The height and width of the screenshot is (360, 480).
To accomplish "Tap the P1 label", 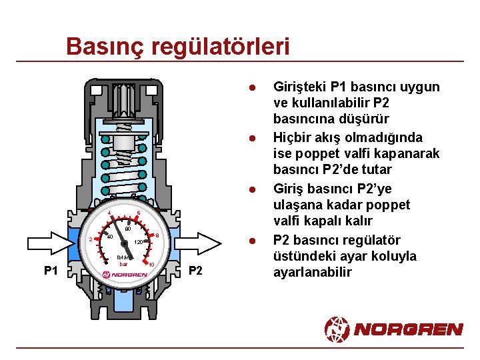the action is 51,271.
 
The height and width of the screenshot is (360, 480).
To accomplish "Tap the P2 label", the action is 195,271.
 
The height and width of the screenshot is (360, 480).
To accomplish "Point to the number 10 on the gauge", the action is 152,265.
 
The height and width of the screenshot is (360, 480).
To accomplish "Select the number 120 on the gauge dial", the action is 139,242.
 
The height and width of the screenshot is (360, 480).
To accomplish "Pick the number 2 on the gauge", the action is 90,241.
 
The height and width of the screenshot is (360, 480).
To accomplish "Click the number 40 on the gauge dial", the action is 109,237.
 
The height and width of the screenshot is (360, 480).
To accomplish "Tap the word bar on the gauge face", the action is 123,264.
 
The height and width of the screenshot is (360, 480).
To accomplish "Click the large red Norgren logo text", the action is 407,329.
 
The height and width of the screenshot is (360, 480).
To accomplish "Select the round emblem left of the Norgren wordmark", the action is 337,329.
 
